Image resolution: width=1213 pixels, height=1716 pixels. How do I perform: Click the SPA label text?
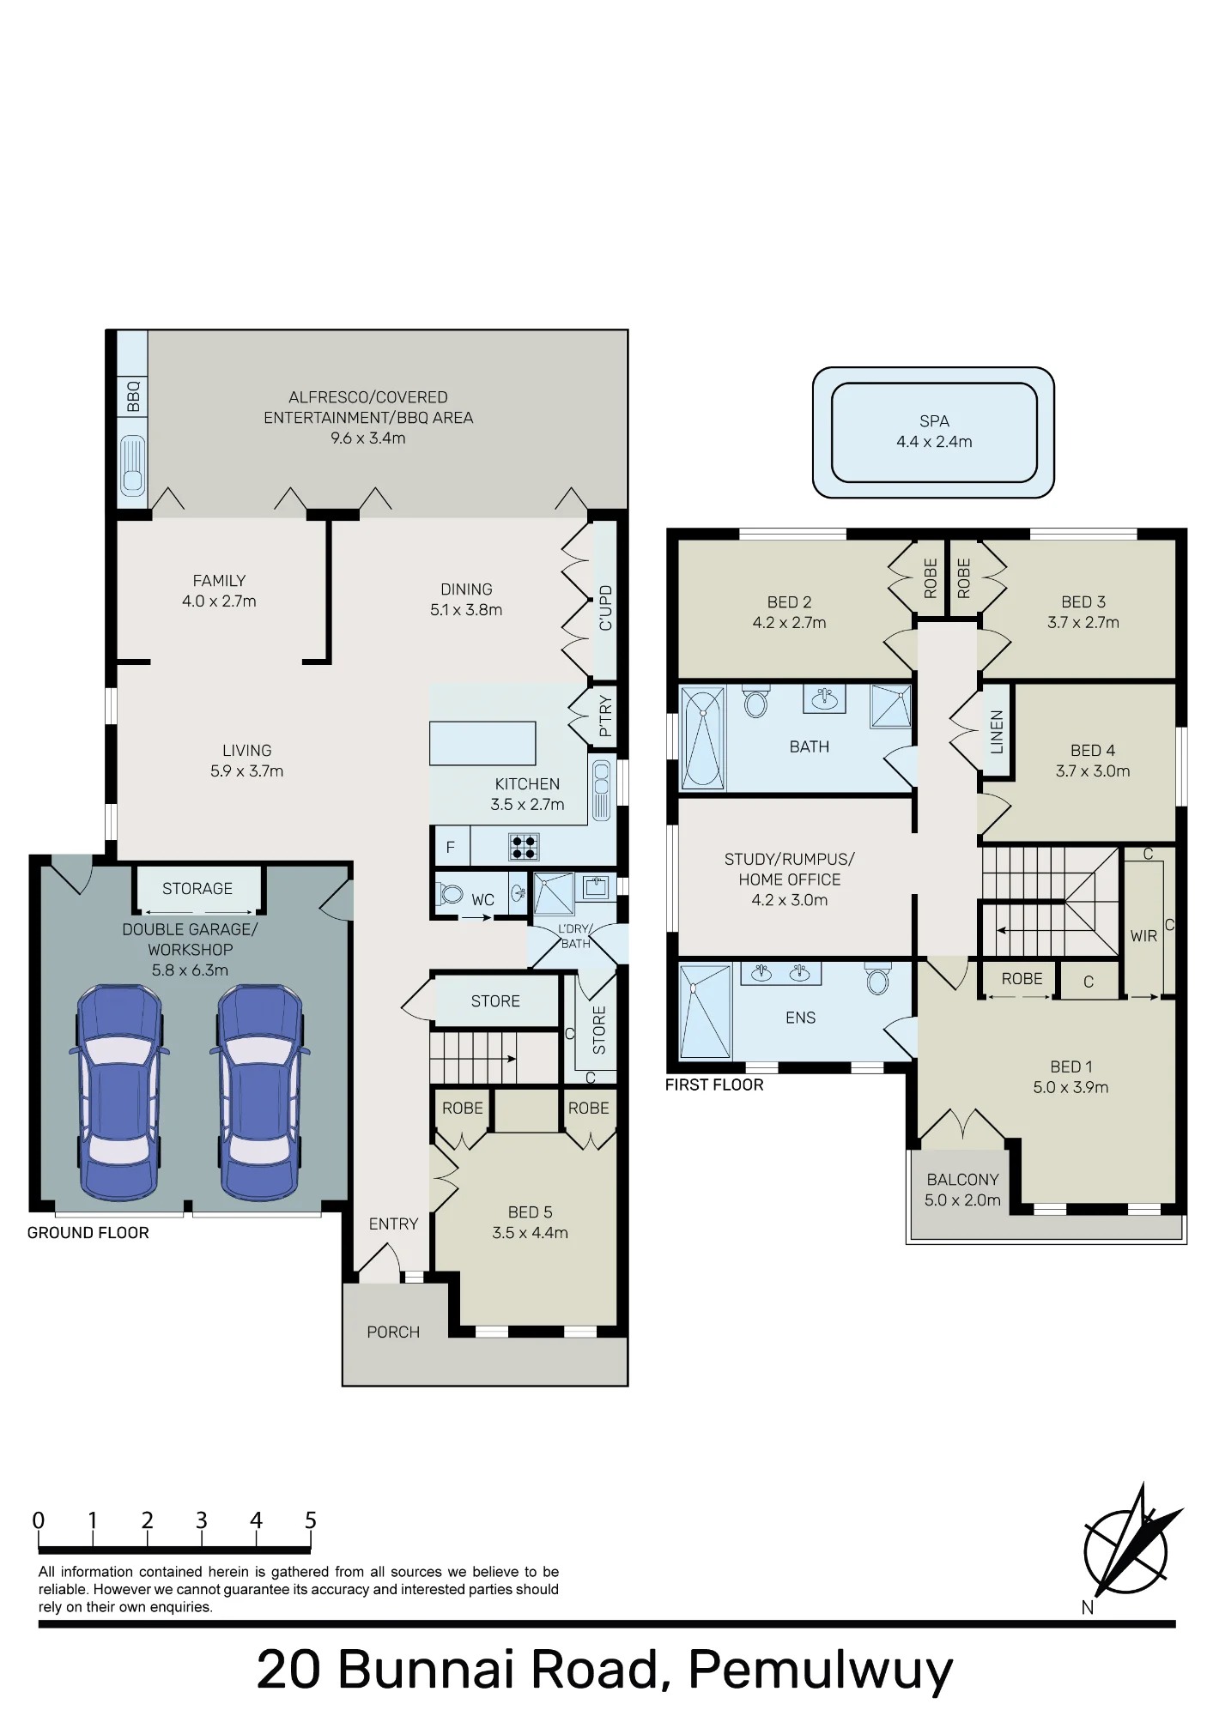tap(934, 421)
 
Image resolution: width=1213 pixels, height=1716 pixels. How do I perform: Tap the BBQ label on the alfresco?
tap(133, 396)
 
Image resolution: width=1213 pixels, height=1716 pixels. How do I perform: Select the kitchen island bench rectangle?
tap(482, 743)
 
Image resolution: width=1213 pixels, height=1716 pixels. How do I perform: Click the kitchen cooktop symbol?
tap(524, 847)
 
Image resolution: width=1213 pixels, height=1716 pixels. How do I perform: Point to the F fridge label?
tap(450, 848)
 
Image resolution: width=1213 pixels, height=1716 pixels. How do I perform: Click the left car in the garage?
tap(119, 1092)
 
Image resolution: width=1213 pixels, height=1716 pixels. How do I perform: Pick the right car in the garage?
tap(259, 1092)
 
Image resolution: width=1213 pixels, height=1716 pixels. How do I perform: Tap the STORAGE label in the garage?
tap(197, 889)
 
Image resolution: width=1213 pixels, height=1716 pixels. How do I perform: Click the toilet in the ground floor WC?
tap(450, 894)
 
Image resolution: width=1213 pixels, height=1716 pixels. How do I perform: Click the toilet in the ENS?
tap(877, 979)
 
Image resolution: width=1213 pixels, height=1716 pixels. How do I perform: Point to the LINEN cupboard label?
tap(997, 732)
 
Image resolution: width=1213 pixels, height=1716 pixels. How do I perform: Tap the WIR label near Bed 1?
tap(1143, 936)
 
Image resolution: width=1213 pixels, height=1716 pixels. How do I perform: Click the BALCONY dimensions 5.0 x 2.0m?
tap(962, 1200)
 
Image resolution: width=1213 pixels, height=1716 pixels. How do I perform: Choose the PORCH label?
tap(393, 1332)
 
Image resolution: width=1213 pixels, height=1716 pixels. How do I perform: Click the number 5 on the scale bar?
tap(311, 1520)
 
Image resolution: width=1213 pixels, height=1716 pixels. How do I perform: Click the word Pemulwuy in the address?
tap(821, 1671)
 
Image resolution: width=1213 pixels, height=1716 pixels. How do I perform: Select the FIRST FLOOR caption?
tap(714, 1085)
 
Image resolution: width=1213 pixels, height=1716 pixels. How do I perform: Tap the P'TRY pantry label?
tap(605, 716)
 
